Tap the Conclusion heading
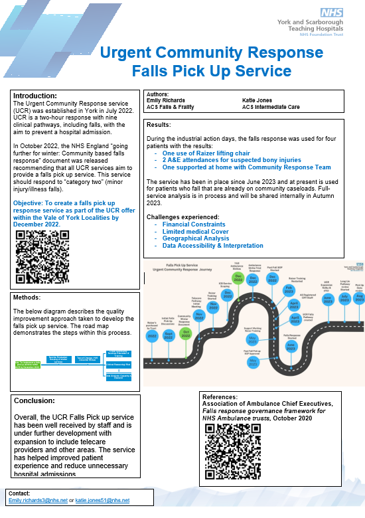pyautogui.click(x=37, y=400)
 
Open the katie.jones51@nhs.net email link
pyautogui.click(x=102, y=500)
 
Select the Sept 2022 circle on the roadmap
pyautogui.click(x=169, y=333)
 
